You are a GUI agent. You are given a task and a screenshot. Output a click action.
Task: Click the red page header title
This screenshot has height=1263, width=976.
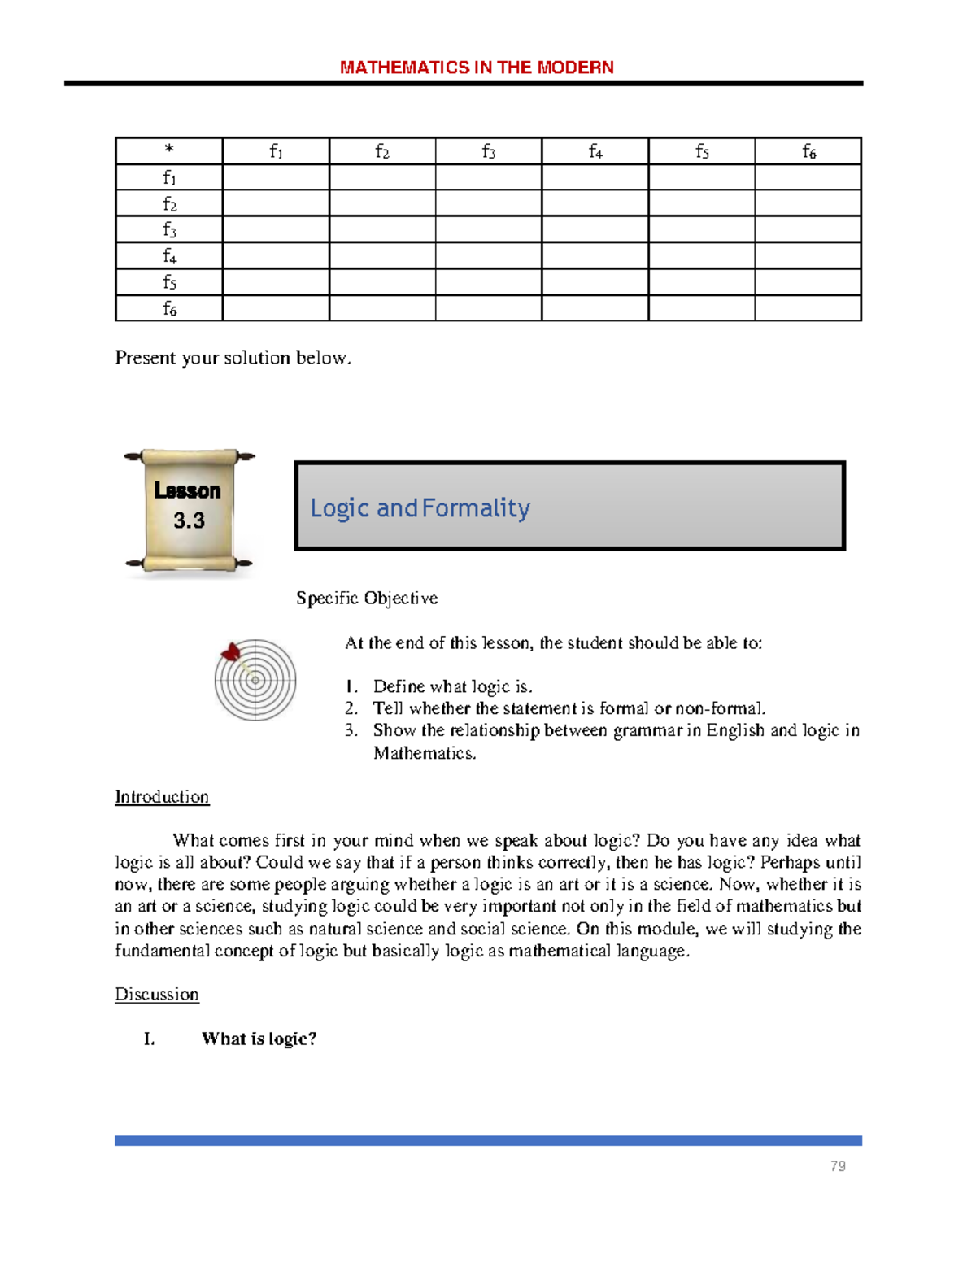coord(477,68)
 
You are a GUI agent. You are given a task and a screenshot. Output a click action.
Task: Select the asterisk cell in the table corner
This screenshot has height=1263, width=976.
coord(169,150)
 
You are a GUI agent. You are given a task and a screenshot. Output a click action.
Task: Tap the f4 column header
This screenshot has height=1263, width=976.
coord(595,151)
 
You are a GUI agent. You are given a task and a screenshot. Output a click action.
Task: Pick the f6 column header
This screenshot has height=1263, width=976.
coord(808,151)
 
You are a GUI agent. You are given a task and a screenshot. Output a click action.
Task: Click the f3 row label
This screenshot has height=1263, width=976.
coord(169,229)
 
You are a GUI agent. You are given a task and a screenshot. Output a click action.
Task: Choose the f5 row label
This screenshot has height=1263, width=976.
coord(169,282)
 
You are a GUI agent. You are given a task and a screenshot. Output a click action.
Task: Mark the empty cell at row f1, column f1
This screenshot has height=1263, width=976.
coord(276,177)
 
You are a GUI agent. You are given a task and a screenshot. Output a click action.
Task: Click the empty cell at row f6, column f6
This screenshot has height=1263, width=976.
coord(808,308)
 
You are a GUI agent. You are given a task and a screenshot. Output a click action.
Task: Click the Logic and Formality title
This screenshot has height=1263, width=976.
coord(420,508)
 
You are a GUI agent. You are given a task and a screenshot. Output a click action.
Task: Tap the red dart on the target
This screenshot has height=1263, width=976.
coord(231,652)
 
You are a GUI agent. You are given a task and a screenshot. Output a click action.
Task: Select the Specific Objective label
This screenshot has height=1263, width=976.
coord(367,599)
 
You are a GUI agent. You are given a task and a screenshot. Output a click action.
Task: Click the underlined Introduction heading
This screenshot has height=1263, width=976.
coord(162,797)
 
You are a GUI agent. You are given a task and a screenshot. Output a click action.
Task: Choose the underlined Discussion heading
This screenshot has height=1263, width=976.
coord(156,995)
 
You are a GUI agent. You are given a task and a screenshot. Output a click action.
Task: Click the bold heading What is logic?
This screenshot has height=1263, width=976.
coord(259,1039)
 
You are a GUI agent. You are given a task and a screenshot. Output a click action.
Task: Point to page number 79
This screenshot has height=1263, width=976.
coord(838,1166)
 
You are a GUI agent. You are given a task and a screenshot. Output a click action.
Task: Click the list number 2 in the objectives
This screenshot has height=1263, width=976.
coord(351,708)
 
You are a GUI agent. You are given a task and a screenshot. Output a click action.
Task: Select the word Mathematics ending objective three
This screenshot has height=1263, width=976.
coord(424,753)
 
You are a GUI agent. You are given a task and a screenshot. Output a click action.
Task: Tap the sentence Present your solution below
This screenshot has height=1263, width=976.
coord(233,358)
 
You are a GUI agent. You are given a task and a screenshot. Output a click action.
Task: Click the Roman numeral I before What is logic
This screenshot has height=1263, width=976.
coord(149,1039)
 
